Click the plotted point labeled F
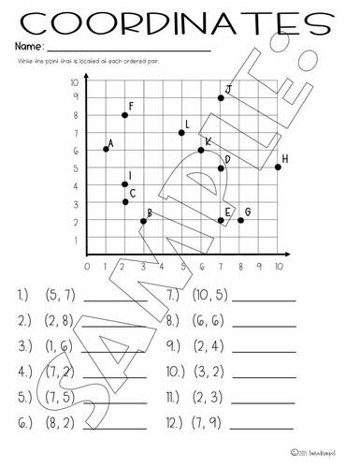124,115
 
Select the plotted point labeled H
278,167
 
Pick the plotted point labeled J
221,97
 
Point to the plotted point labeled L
181,133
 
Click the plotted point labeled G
240,220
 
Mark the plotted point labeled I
124,184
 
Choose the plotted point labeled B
143,221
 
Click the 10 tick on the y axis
74,83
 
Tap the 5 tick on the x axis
182,266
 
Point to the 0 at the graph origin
86,266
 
